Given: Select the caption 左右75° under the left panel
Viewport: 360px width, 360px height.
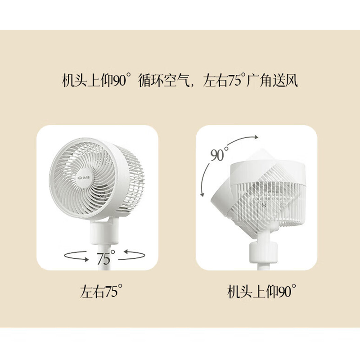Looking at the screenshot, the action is [x=101, y=291].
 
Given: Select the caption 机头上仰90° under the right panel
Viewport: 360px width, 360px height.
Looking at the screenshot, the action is [x=261, y=291].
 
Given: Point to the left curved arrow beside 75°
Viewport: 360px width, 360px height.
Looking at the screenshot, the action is [x=76, y=256].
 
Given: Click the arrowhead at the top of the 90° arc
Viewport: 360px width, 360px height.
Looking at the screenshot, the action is [x=256, y=137].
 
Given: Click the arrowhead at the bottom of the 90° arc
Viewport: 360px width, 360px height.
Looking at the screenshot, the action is [x=202, y=194].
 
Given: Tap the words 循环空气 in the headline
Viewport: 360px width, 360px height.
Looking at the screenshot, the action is [x=164, y=81].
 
